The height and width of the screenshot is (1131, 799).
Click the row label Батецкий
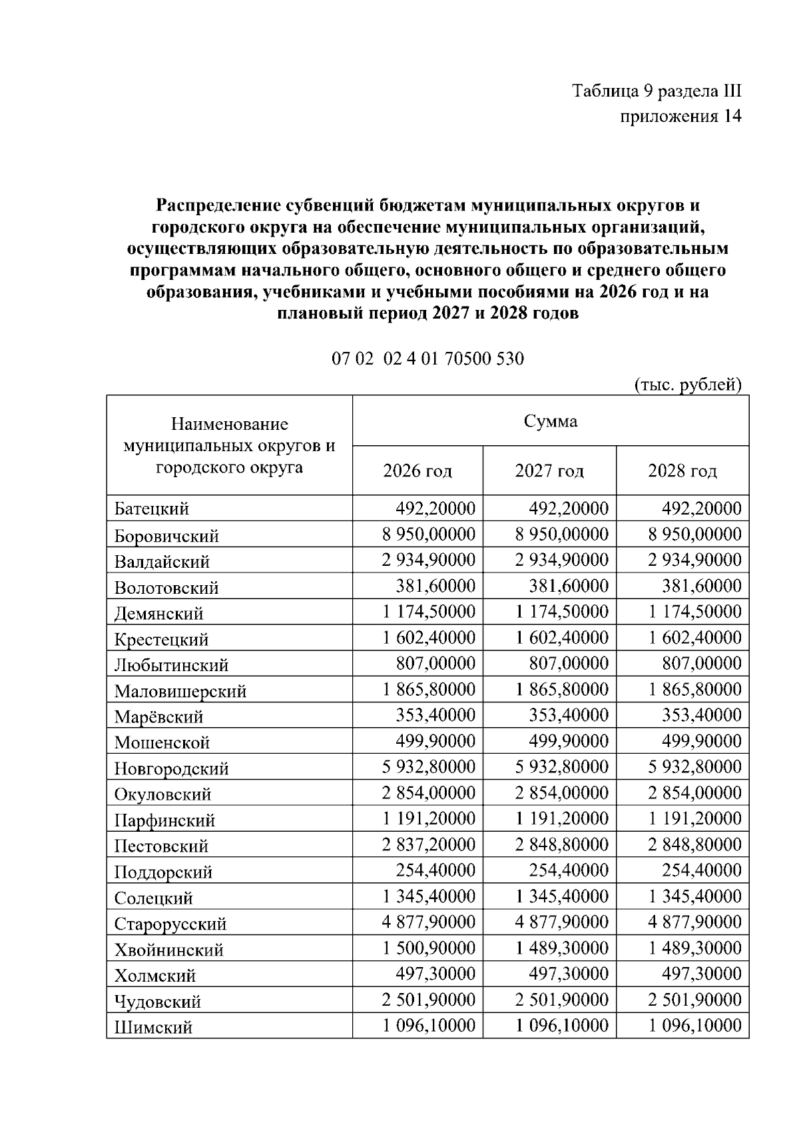pyautogui.click(x=152, y=509)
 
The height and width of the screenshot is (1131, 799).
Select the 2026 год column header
pyautogui.click(x=417, y=471)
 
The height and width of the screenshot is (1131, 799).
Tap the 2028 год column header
pyautogui.click(x=682, y=471)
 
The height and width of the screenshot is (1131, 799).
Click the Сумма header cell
pyautogui.click(x=550, y=421)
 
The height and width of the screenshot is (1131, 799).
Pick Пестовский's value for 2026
pyautogui.click(x=429, y=845)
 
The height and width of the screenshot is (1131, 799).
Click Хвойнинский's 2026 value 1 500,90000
pyautogui.click(x=429, y=948)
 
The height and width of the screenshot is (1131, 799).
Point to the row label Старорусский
pyautogui.click(x=170, y=924)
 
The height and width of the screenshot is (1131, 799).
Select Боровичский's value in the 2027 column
pyautogui.click(x=562, y=535)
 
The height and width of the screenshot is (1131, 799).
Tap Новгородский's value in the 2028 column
pyautogui.click(x=695, y=768)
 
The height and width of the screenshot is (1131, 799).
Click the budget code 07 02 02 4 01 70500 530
pyautogui.click(x=427, y=359)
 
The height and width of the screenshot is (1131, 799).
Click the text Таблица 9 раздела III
pyautogui.click(x=657, y=91)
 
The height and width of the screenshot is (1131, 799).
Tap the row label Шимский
pyautogui.click(x=153, y=1028)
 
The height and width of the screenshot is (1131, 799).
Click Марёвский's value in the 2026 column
pyautogui.click(x=435, y=716)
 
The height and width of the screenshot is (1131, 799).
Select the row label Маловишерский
pyautogui.click(x=180, y=691)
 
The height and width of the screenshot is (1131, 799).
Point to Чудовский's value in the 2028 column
pyautogui.click(x=695, y=1000)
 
